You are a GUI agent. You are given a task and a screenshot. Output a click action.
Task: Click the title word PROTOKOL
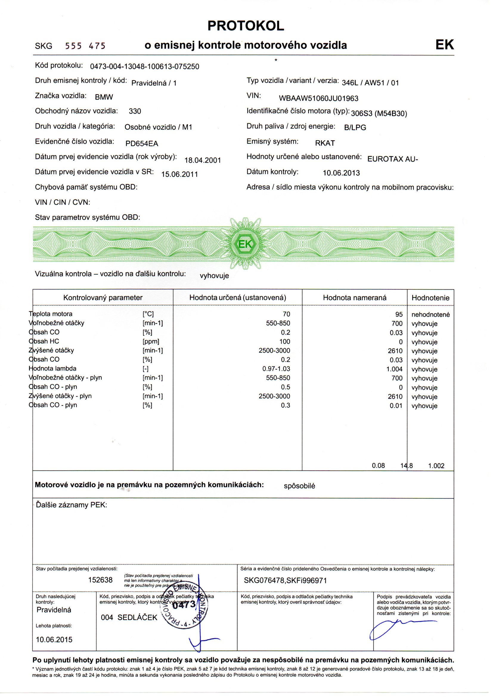246,26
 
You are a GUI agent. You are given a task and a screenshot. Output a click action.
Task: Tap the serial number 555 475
85,46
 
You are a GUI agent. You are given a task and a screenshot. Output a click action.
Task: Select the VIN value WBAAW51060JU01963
318,99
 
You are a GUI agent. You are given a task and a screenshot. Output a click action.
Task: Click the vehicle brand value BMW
104,97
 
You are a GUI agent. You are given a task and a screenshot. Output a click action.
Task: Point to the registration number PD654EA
142,144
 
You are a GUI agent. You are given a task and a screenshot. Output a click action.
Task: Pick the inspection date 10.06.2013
341,173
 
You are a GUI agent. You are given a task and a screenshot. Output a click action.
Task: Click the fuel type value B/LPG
355,128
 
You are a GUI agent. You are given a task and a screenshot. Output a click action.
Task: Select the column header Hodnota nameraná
355,298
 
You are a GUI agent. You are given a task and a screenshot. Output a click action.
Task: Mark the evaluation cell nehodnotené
430,315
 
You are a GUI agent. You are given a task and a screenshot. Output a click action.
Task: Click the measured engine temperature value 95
399,314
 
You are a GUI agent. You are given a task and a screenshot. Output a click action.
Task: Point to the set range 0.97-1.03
276,369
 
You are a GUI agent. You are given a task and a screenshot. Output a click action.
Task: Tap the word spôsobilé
299,486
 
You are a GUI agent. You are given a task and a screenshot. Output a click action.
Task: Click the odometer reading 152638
100,580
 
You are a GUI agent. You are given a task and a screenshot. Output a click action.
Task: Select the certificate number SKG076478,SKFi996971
285,581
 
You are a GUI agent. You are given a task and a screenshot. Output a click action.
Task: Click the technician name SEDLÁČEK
137,617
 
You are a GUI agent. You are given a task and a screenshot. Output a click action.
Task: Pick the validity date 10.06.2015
54,640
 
